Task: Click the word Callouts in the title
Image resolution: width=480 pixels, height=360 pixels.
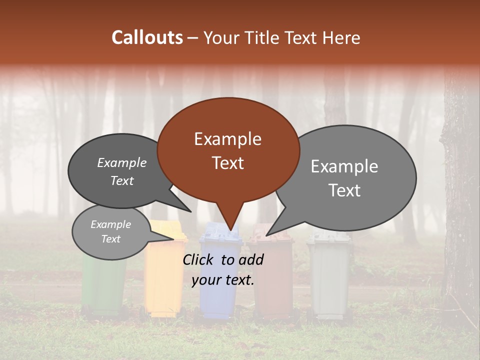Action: (147, 37)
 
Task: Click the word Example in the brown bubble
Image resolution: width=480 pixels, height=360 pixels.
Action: (227, 139)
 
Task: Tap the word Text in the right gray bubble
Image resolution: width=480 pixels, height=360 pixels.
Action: (345, 190)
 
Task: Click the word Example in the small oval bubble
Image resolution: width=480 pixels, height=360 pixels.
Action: (110, 224)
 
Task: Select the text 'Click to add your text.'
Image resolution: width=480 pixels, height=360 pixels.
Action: (223, 269)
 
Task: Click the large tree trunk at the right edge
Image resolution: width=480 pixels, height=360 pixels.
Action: (460, 200)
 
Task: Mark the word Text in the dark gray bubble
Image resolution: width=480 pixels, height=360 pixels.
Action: (122, 181)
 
